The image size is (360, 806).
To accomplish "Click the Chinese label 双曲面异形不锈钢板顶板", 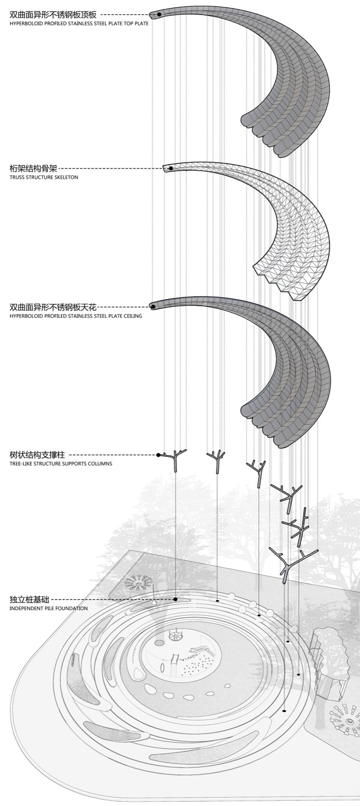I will click(53, 15).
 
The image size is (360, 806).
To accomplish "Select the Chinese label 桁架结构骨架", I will click(33, 168).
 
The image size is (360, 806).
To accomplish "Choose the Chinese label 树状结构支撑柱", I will click(37, 455).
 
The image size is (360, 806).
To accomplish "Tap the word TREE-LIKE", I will click(20, 464).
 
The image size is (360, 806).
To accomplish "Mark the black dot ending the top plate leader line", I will click(159, 15).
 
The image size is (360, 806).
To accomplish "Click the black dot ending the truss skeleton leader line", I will click(171, 168).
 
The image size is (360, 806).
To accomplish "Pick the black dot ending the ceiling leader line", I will click(153, 307).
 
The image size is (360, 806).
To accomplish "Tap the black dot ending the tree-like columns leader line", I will click(158, 455).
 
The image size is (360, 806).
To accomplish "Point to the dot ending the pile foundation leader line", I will click(175, 599).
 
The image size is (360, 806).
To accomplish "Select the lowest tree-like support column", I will click(286, 567).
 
